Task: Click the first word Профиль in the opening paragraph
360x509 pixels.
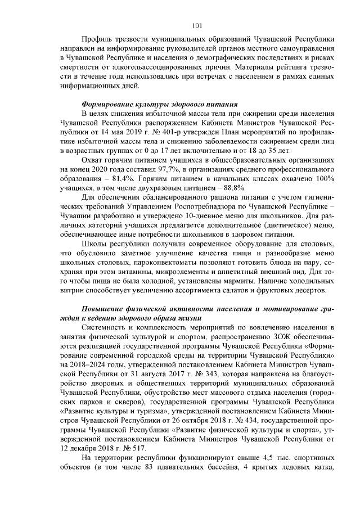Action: [96, 39]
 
